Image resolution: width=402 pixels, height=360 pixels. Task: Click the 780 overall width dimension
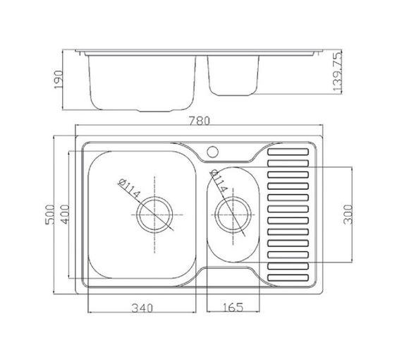click(199, 121)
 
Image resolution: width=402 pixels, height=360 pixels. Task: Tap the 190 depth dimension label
click(59, 80)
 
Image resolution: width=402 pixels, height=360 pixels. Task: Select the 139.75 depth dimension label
click(337, 71)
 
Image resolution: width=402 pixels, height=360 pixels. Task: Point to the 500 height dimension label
click(50, 215)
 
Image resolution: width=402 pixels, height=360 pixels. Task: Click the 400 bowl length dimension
click(65, 215)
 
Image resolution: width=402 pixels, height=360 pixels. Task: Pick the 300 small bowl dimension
click(348, 215)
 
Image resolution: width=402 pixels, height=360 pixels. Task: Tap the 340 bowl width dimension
click(142, 308)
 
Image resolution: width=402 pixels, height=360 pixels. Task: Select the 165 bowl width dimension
click(233, 307)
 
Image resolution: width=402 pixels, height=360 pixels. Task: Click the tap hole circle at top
click(212, 152)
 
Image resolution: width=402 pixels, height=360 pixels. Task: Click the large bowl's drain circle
click(154, 197)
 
